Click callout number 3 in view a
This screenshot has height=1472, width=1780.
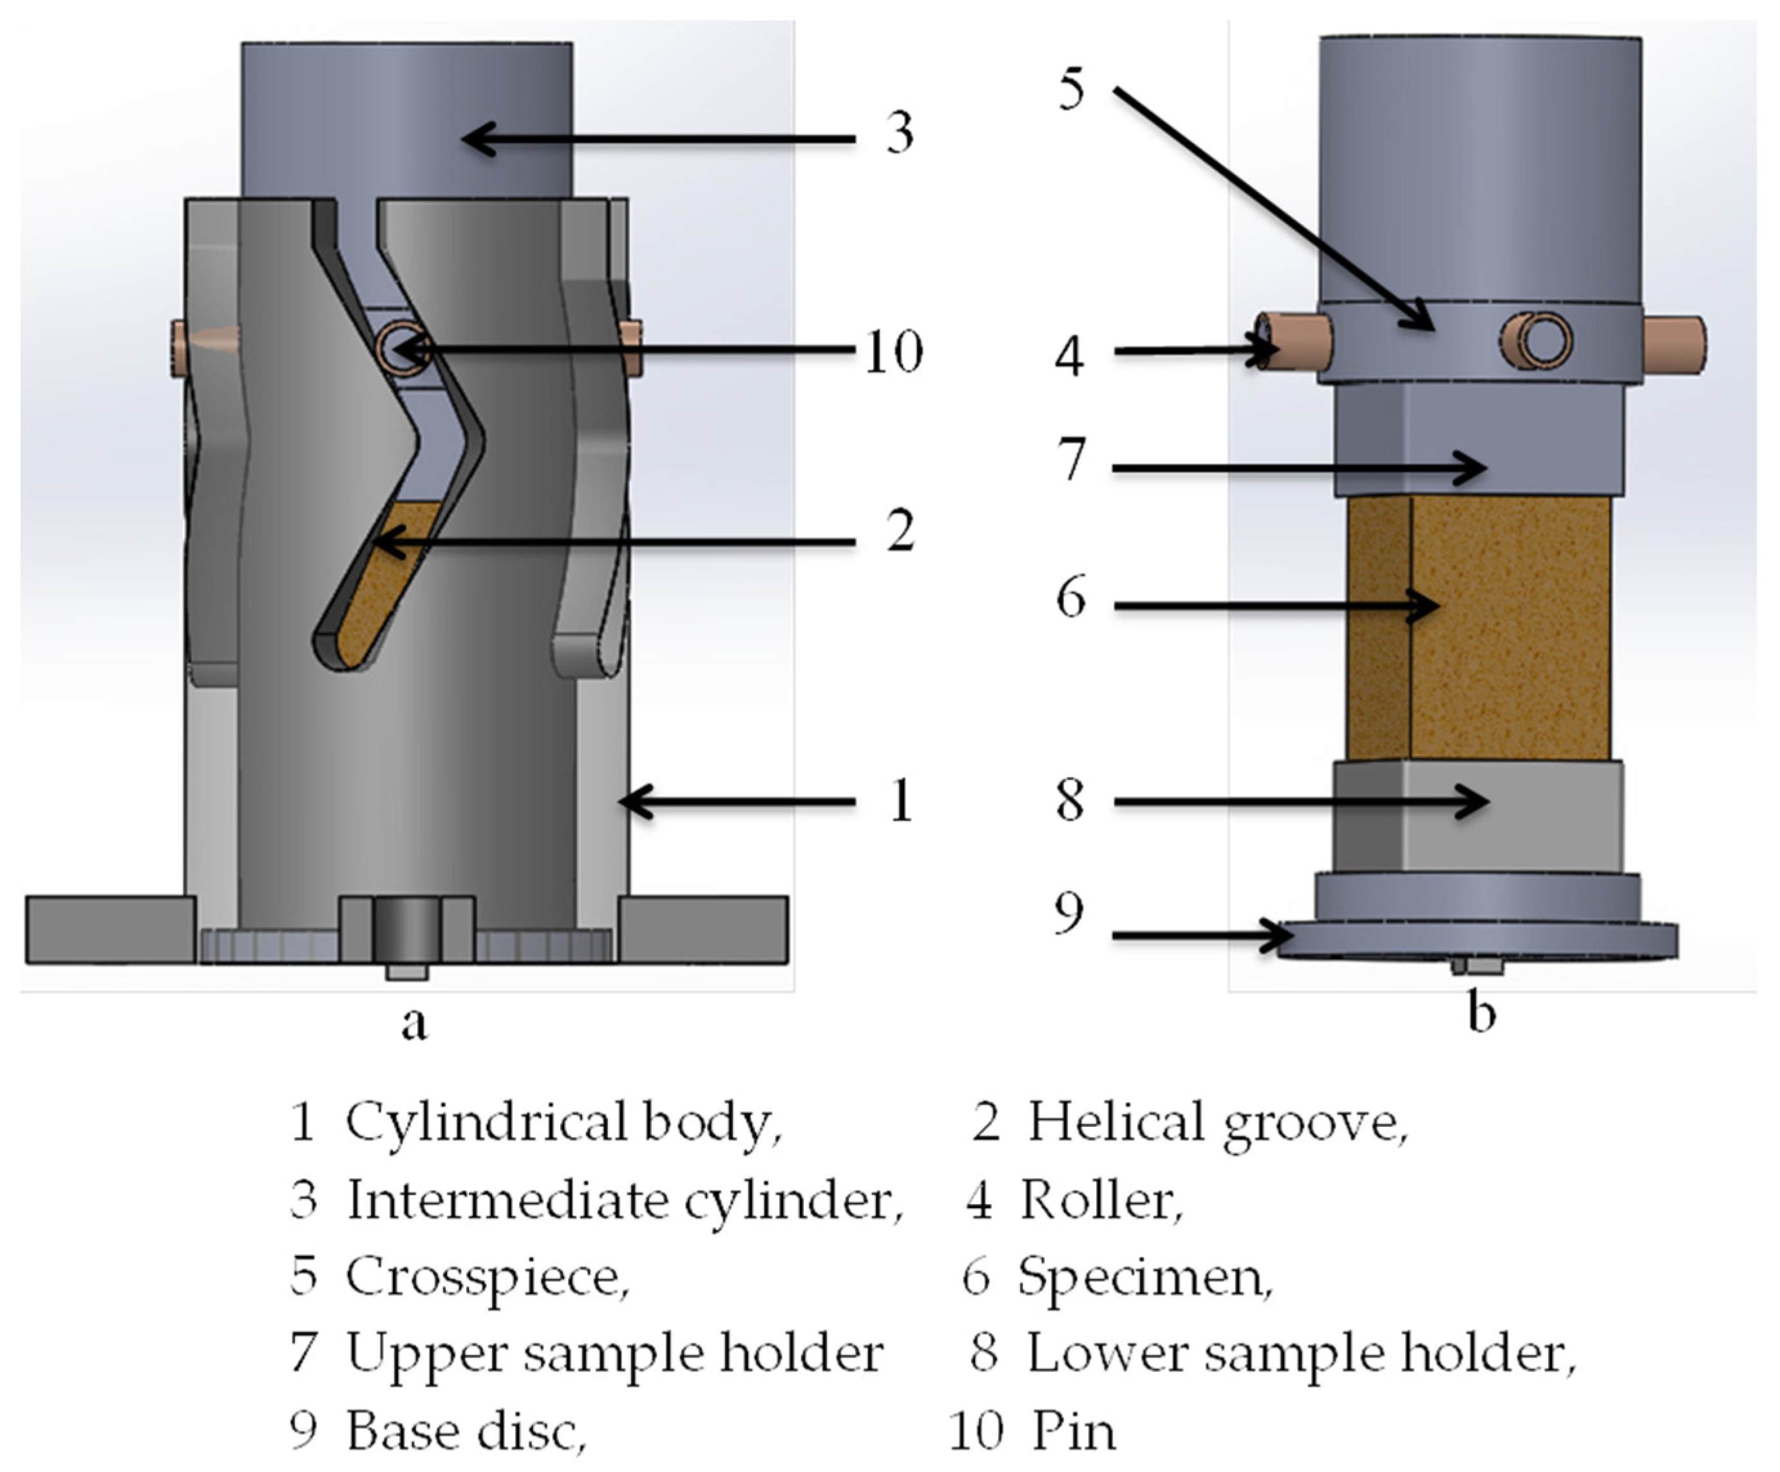tap(899, 134)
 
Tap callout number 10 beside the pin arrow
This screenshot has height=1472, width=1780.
tap(893, 351)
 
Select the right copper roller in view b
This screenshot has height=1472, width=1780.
tap(1674, 343)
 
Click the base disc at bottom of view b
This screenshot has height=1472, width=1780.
tap(1479, 941)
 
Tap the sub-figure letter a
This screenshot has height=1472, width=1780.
tap(413, 1023)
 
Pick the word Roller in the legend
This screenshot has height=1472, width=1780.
tap(1099, 1200)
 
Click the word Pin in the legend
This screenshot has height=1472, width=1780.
tap(1073, 1431)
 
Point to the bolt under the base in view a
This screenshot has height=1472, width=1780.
tap(407, 971)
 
